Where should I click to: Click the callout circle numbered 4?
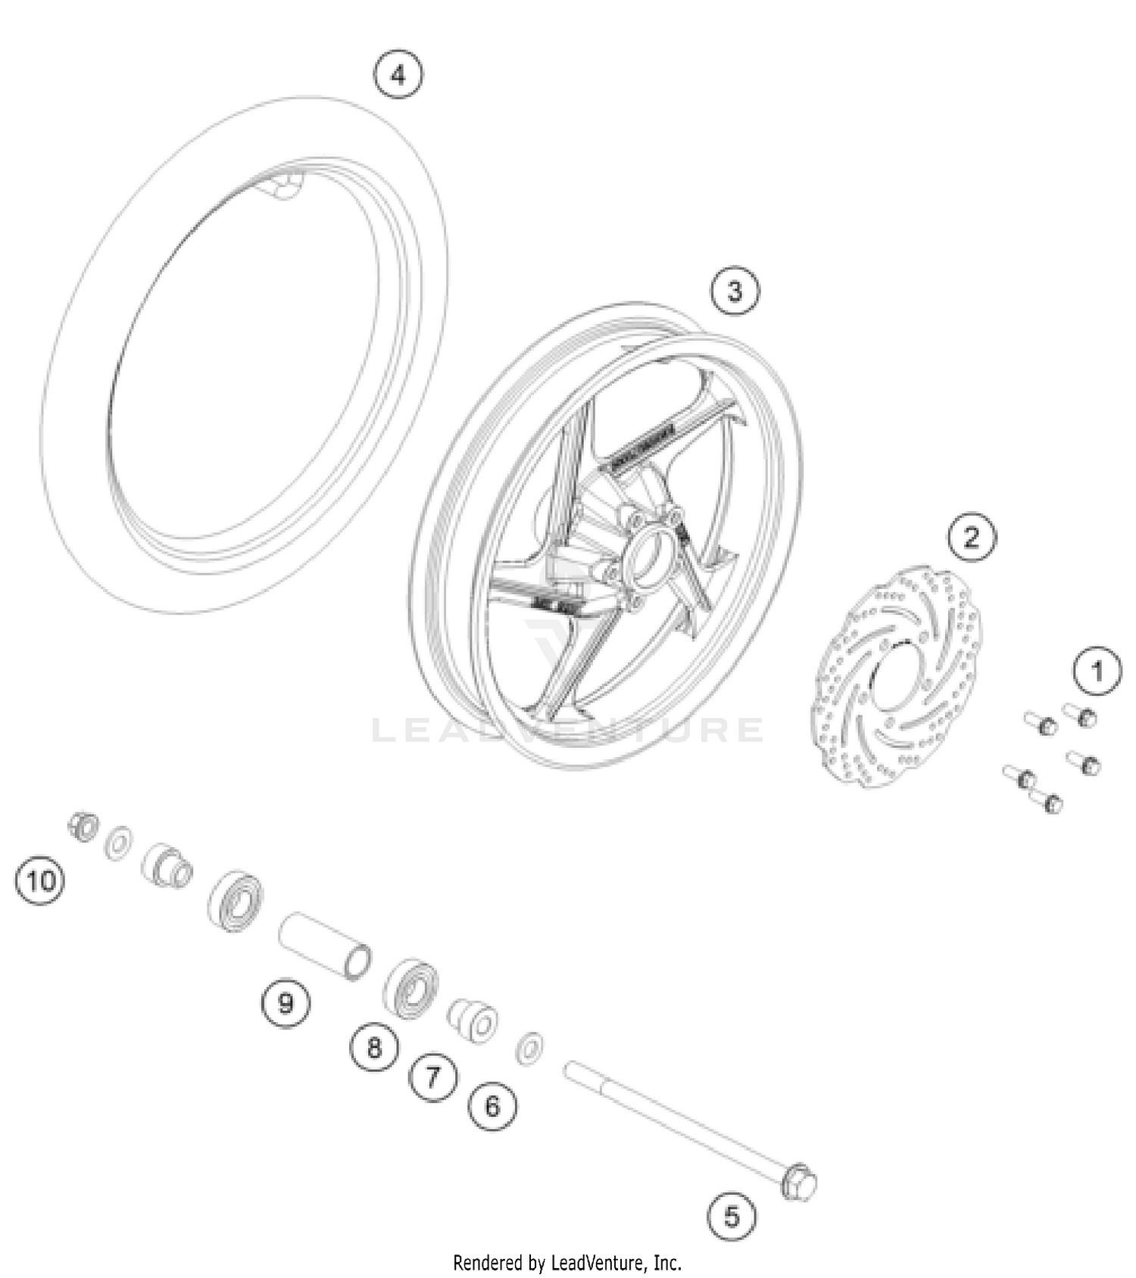pyautogui.click(x=398, y=74)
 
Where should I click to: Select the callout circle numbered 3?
pyautogui.click(x=735, y=291)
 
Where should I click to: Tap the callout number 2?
pyautogui.click(x=972, y=537)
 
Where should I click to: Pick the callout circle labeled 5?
pyautogui.click(x=732, y=1217)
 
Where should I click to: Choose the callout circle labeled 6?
pyautogui.click(x=493, y=1107)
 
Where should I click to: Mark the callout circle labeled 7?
pyautogui.click(x=433, y=1076)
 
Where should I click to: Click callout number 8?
pyautogui.click(x=374, y=1048)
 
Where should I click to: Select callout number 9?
pyautogui.click(x=286, y=1003)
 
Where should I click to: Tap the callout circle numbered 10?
pyautogui.click(x=40, y=881)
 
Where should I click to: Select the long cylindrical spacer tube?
pyautogui.click(x=325, y=946)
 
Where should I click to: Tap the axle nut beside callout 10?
pyautogui.click(x=83, y=825)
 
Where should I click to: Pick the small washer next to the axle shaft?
pyautogui.click(x=529, y=1048)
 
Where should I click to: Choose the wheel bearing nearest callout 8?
pyautogui.click(x=411, y=988)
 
